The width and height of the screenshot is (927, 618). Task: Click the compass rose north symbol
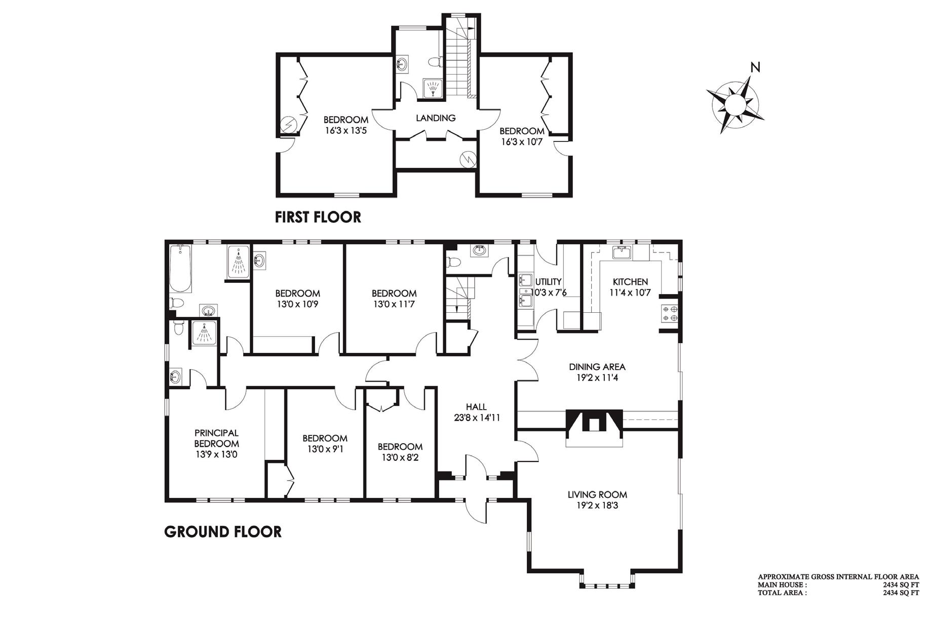click(x=735, y=104)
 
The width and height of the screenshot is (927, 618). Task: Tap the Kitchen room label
click(x=630, y=282)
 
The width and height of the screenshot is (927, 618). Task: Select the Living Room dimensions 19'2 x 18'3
click(x=598, y=505)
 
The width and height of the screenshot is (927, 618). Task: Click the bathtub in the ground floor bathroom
click(x=180, y=269)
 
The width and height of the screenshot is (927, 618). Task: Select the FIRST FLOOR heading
click(x=318, y=217)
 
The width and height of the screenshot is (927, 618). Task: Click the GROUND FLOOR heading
click(x=223, y=531)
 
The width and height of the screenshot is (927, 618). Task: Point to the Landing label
click(x=436, y=118)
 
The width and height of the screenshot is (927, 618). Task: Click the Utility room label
click(x=549, y=282)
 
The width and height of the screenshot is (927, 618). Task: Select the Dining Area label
click(x=597, y=367)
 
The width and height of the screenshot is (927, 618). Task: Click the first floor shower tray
click(x=433, y=88)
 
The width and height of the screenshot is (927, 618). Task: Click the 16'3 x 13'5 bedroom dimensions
click(x=345, y=130)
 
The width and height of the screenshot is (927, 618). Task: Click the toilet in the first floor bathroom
click(x=435, y=62)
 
